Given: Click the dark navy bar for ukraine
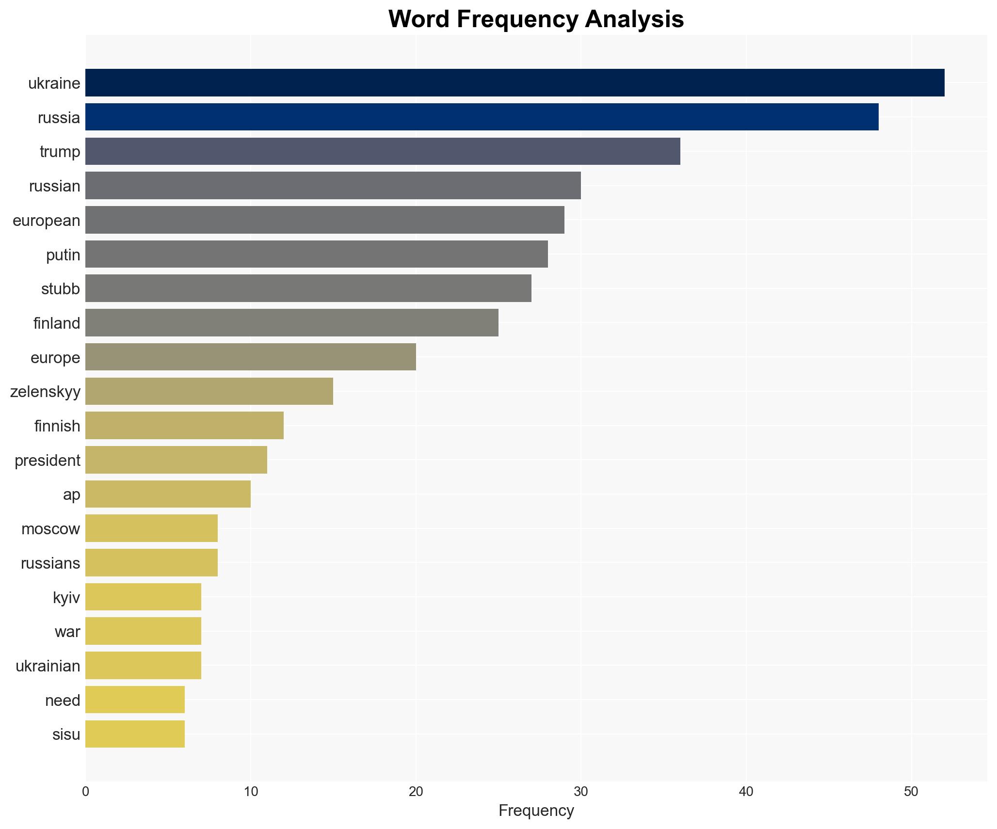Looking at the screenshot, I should tap(515, 82).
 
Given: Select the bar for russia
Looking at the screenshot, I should tap(482, 117).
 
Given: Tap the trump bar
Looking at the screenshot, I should tap(383, 151).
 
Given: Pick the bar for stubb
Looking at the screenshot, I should tap(308, 288).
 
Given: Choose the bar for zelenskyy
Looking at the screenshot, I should tap(209, 391).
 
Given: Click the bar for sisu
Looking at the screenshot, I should tap(135, 734).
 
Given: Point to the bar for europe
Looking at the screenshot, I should tap(251, 357).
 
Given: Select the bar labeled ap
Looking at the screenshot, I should tap(168, 494).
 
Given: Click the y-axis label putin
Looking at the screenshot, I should tap(63, 255).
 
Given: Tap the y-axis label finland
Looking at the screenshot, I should tap(57, 323).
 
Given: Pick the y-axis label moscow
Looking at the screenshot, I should tap(50, 528).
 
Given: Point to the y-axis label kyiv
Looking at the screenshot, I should tap(66, 597).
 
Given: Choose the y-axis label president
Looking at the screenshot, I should tap(48, 460).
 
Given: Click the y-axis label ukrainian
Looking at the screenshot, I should tap(48, 666).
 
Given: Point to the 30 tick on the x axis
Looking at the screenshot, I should tap(581, 792).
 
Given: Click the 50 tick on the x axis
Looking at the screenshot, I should tap(911, 792).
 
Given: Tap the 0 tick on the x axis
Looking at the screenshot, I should tap(86, 792).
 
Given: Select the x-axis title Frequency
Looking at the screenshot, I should tap(536, 810).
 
